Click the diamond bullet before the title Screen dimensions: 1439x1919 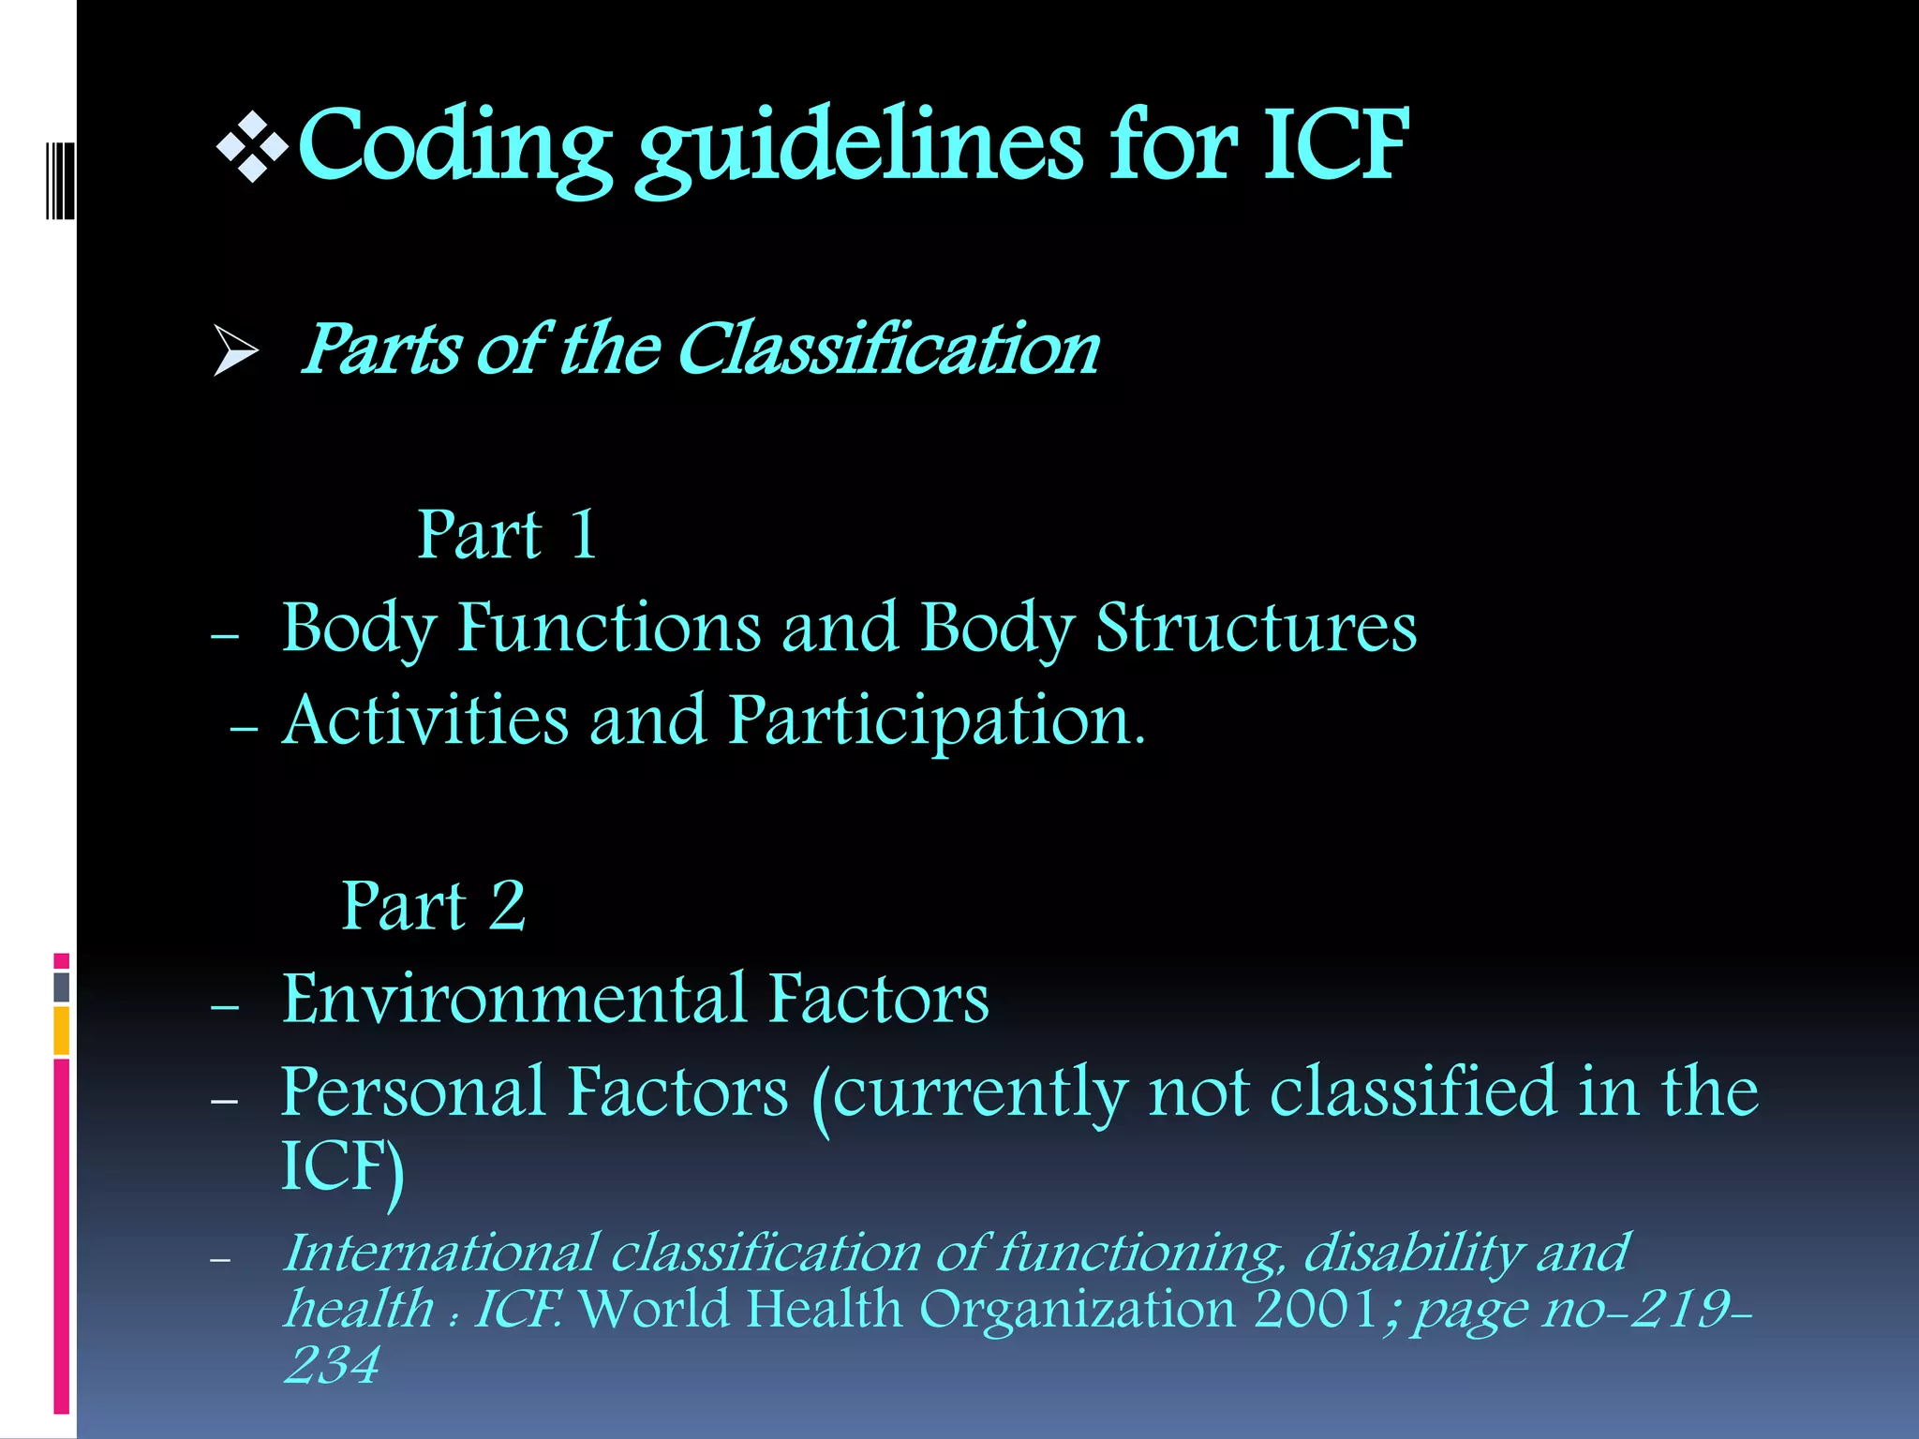pyautogui.click(x=252, y=147)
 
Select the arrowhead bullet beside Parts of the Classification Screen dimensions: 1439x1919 pyautogui.click(x=235, y=350)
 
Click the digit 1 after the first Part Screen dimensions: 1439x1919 pyautogui.click(x=583, y=535)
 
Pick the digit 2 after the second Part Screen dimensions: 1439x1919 pyautogui.click(x=507, y=906)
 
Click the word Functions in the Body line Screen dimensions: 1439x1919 pyautogui.click(x=609, y=627)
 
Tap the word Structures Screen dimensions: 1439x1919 pyautogui.click(x=1256, y=627)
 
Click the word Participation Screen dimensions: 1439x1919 pyautogui.click(x=937, y=721)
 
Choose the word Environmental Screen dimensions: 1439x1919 pyautogui.click(x=514, y=999)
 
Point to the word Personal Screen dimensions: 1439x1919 pyautogui.click(x=413, y=1092)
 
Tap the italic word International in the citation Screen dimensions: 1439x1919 pyautogui.click(x=440, y=1253)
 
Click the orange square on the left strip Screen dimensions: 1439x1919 pyautogui.click(x=62, y=1031)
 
